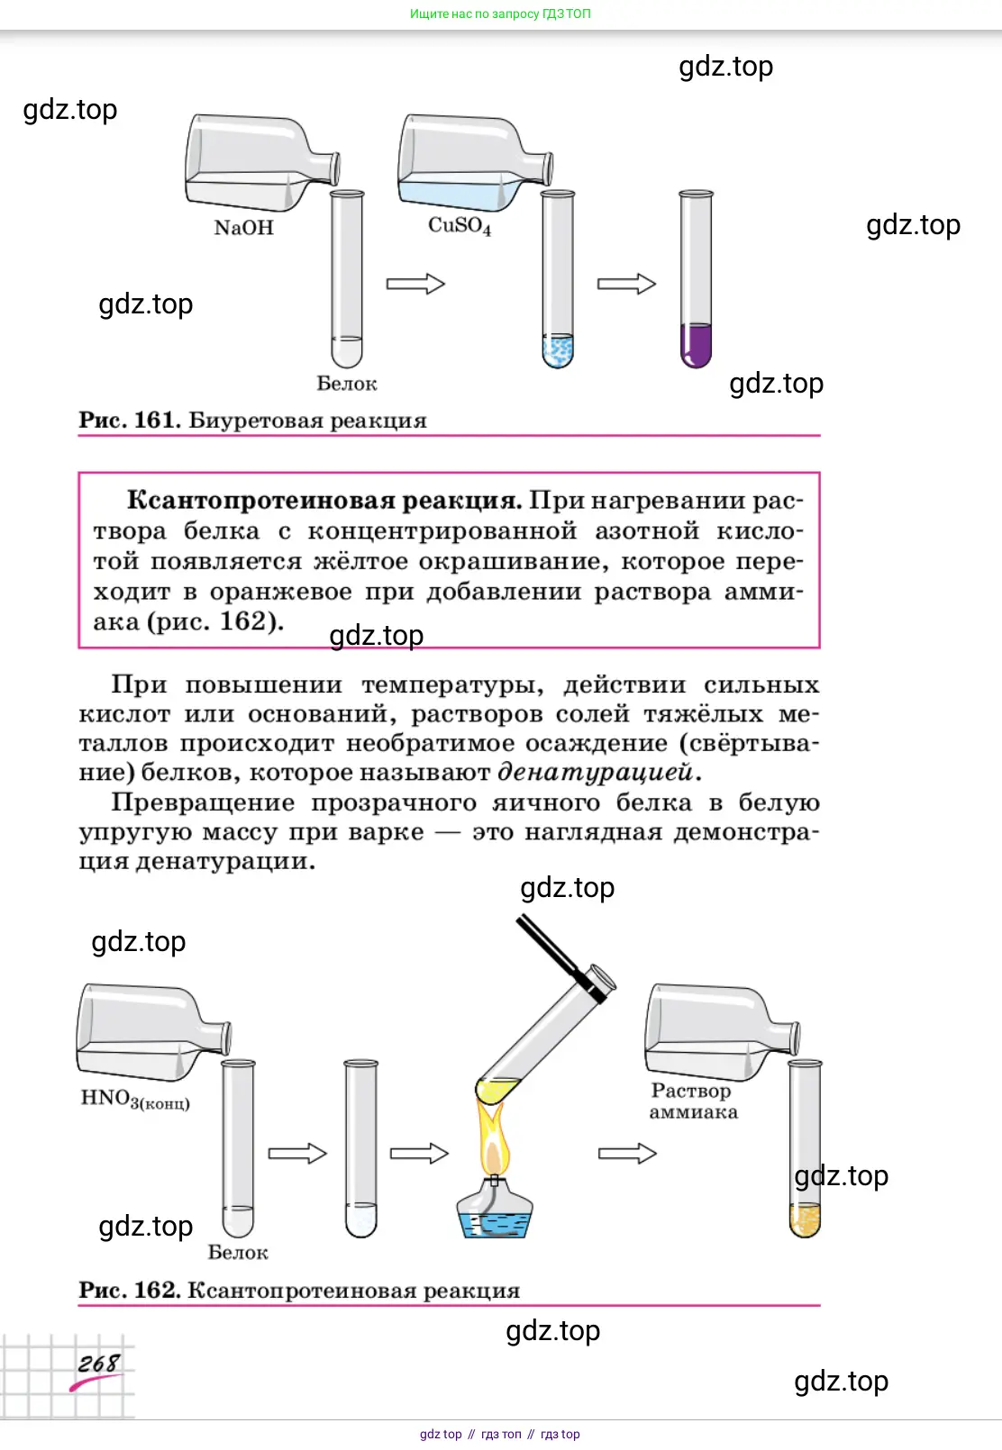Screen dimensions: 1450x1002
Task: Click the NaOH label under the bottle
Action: pos(243,228)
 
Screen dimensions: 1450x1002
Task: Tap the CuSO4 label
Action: pos(459,225)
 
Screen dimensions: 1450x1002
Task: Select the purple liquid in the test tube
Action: pos(696,345)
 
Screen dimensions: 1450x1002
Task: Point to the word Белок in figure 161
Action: pos(346,384)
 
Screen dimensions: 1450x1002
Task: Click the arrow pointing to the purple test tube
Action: pos(626,284)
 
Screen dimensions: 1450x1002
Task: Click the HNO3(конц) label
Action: pos(135,1099)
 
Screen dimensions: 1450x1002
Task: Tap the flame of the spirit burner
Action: pos(493,1137)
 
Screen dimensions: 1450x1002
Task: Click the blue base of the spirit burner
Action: pos(495,1221)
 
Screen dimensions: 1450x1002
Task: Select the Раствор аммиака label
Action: pos(692,1101)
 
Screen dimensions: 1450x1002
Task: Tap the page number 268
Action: pos(97,1364)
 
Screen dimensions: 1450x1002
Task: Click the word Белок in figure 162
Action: pos(238,1253)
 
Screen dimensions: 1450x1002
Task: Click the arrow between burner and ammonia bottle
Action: pos(627,1153)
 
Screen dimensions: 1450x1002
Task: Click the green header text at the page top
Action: pos(500,14)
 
